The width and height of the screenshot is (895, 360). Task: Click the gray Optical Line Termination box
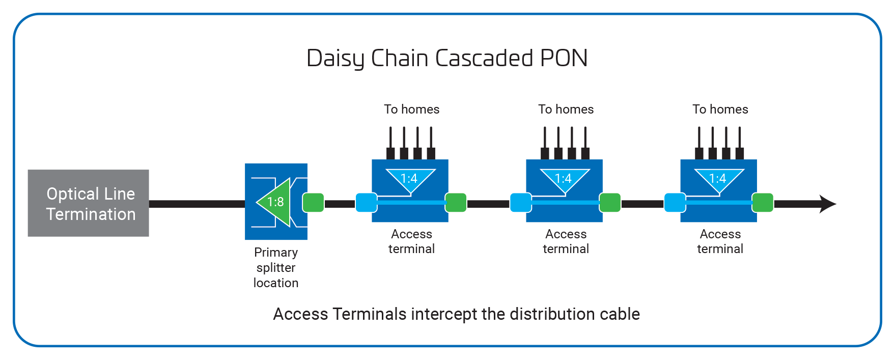(x=88, y=203)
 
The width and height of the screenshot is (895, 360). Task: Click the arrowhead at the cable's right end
(x=827, y=204)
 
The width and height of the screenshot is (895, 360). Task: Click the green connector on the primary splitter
(x=313, y=203)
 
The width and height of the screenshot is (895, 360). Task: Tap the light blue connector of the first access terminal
(x=366, y=203)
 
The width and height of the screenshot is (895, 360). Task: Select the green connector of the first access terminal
(x=456, y=203)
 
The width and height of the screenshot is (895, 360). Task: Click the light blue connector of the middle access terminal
(x=520, y=203)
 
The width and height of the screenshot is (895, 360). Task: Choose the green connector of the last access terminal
(x=763, y=203)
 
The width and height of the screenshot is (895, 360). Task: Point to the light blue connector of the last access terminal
(x=675, y=203)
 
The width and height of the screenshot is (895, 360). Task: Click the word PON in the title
(x=564, y=58)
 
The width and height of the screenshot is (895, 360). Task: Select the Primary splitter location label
(x=276, y=267)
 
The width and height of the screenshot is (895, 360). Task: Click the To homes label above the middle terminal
(x=566, y=109)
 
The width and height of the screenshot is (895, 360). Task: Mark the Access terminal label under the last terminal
(x=720, y=241)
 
